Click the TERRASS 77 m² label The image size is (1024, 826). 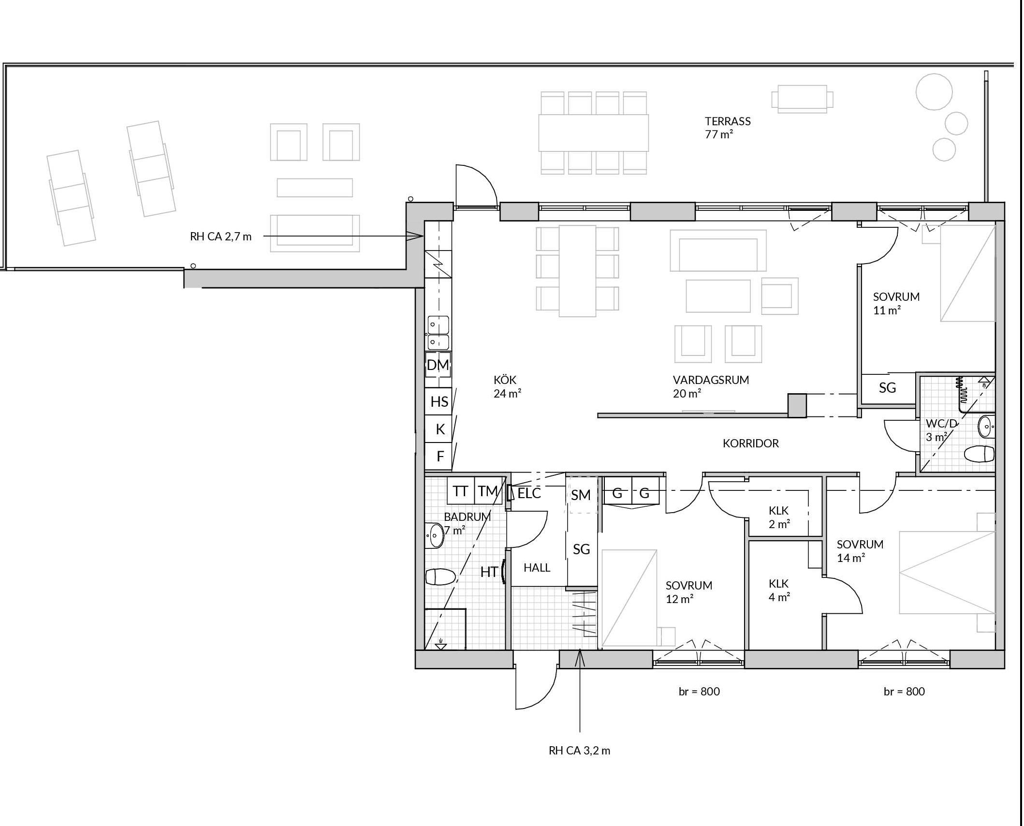[x=728, y=128]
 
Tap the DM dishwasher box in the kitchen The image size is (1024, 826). [x=438, y=365]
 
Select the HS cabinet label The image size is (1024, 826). [x=439, y=401]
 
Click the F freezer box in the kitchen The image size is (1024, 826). [x=439, y=456]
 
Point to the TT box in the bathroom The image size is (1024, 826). [x=460, y=491]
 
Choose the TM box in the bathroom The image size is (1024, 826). [x=488, y=491]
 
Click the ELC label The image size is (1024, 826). [x=529, y=493]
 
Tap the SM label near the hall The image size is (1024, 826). [x=581, y=495]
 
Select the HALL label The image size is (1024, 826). [x=537, y=567]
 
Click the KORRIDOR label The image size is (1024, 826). [x=751, y=443]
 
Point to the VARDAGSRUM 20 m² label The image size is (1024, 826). [x=711, y=386]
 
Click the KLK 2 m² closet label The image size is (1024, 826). [x=779, y=517]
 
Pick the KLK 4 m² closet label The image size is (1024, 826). [x=779, y=590]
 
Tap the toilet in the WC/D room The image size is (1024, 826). [x=979, y=454]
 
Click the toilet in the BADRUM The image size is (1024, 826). [x=440, y=576]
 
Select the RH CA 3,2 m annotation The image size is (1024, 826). [x=579, y=751]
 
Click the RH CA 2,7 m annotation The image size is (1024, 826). [x=220, y=236]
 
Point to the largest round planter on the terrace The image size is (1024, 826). [x=934, y=92]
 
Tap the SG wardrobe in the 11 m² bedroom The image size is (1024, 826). [x=888, y=388]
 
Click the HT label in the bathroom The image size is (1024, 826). [x=489, y=572]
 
